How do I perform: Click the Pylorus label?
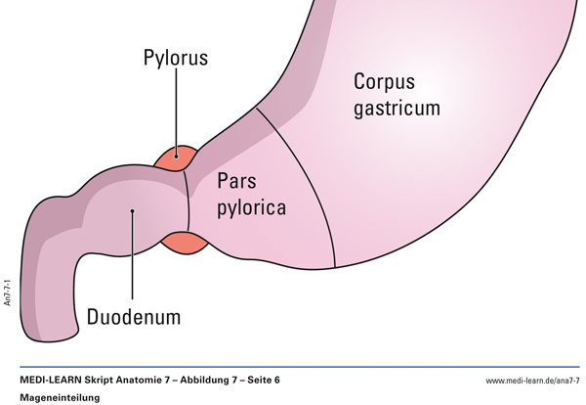176,59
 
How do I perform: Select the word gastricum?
385,108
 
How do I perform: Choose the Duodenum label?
134,318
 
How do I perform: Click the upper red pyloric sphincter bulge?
178,156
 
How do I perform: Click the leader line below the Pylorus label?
177,108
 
